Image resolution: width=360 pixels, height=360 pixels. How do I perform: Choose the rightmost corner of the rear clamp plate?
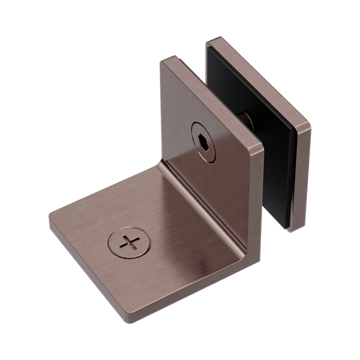pos(310,127)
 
